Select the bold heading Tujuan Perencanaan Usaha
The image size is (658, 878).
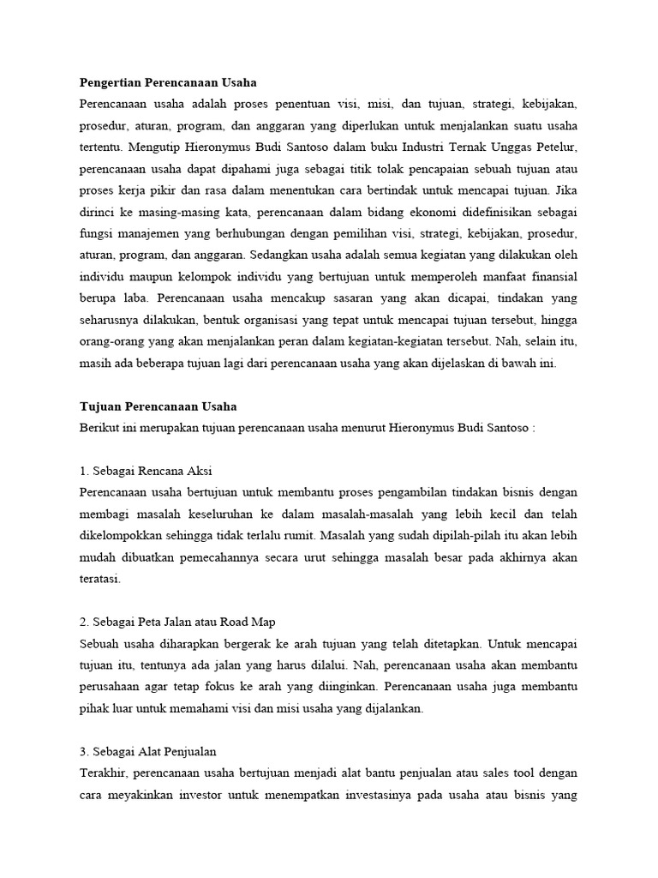click(158, 406)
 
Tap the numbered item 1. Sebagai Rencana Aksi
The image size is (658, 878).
click(146, 472)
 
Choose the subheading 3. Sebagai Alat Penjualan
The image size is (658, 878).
click(148, 752)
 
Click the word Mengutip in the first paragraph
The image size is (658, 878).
click(153, 146)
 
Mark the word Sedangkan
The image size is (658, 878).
click(282, 255)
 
